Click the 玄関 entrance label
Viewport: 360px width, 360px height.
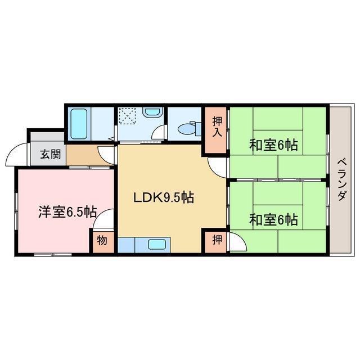[x=48, y=154]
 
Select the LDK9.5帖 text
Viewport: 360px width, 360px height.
[x=163, y=198]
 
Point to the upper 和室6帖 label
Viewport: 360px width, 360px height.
[x=273, y=145]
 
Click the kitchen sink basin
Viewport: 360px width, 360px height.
[x=157, y=245]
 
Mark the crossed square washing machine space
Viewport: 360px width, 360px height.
[x=128, y=117]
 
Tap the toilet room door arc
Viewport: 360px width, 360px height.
[x=160, y=133]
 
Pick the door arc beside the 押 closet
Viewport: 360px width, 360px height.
[x=238, y=242]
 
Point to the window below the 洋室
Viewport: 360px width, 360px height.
[x=53, y=255]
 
